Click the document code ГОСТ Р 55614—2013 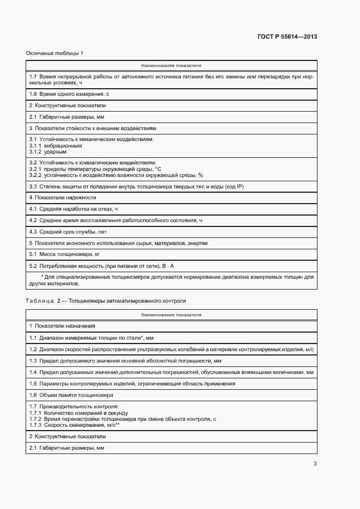tap(287, 37)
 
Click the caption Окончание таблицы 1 tap(54, 53)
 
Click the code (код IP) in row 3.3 tap(233, 186)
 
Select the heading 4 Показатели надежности tap(63, 197)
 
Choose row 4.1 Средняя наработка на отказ tap(74, 208)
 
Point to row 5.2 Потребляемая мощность tap(101, 266)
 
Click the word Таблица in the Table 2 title tap(40, 301)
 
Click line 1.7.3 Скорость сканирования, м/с tap(74, 425)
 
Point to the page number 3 tap(315, 464)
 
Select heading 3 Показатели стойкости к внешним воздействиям tap(93, 128)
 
